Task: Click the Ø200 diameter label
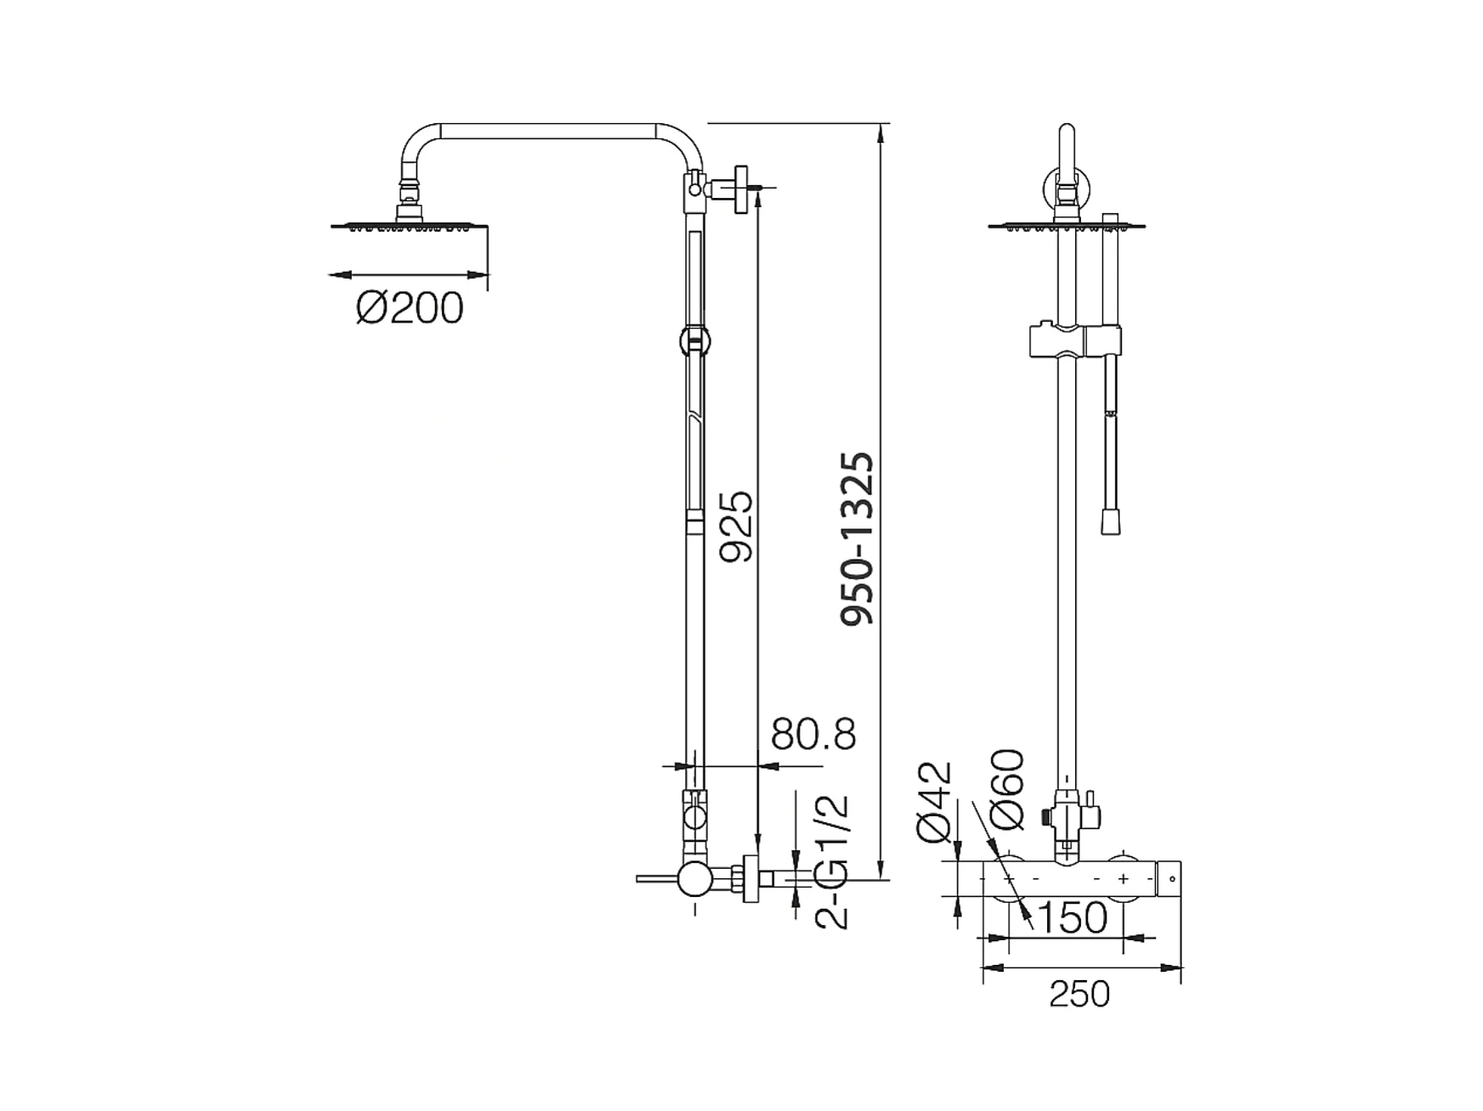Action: pyautogui.click(x=410, y=307)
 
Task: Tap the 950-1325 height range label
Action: pyautogui.click(x=857, y=539)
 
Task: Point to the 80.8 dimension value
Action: pyautogui.click(x=813, y=734)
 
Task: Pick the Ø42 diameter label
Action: pyautogui.click(x=934, y=802)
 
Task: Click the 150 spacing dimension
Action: pyautogui.click(x=1073, y=916)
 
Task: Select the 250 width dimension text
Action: pyautogui.click(x=1079, y=994)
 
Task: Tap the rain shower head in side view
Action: pyautogui.click(x=409, y=225)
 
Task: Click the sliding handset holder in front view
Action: pyautogui.click(x=1074, y=340)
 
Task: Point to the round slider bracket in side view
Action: pyautogui.click(x=695, y=341)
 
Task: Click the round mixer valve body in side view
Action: pyautogui.click(x=694, y=879)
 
